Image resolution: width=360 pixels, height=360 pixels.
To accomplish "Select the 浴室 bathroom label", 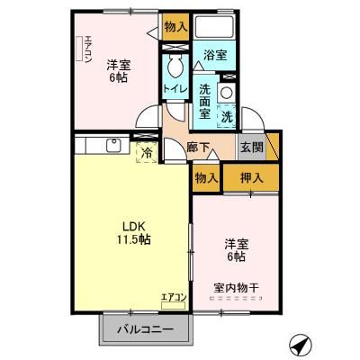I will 214,55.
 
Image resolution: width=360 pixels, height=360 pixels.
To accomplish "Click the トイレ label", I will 174,88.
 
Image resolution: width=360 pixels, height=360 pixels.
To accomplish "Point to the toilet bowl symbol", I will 175,66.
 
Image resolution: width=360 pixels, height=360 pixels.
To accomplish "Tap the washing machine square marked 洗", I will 227,113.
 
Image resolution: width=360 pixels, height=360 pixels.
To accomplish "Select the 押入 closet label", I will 251,177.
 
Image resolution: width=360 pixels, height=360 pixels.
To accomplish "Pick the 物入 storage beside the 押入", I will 206,177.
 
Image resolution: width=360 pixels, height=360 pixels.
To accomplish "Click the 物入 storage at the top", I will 175,27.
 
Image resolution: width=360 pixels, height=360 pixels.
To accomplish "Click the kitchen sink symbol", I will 115,144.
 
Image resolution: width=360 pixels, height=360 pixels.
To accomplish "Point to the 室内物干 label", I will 236,288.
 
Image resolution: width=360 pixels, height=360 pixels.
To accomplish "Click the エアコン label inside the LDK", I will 174,297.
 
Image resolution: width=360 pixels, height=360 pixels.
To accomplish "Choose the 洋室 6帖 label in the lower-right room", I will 236,249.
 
